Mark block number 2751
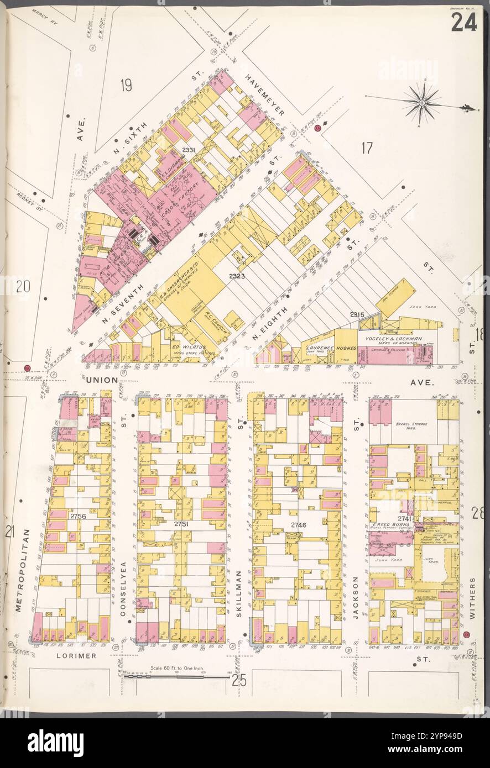(x=183, y=523)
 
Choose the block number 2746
(x=299, y=524)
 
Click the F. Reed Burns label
(x=391, y=524)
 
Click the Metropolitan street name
(x=19, y=569)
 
